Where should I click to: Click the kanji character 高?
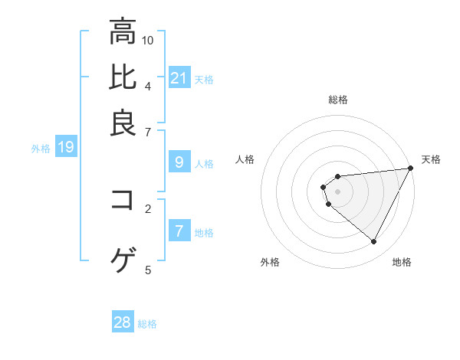click(123, 32)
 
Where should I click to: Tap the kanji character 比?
click(123, 77)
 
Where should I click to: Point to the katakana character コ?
click(123, 200)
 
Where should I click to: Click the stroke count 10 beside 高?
click(148, 40)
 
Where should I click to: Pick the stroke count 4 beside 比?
click(148, 85)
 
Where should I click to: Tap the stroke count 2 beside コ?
click(148, 208)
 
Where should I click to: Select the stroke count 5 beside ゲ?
click(148, 270)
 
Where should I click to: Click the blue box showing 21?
click(179, 78)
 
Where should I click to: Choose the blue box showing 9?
click(179, 162)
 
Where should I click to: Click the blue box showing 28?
click(123, 322)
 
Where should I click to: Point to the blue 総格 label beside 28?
click(147, 324)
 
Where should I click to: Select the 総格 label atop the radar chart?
click(338, 100)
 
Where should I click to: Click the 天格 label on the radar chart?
click(431, 159)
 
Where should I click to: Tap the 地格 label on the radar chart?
click(402, 263)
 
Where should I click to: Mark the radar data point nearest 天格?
click(411, 169)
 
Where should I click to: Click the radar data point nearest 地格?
click(374, 242)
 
